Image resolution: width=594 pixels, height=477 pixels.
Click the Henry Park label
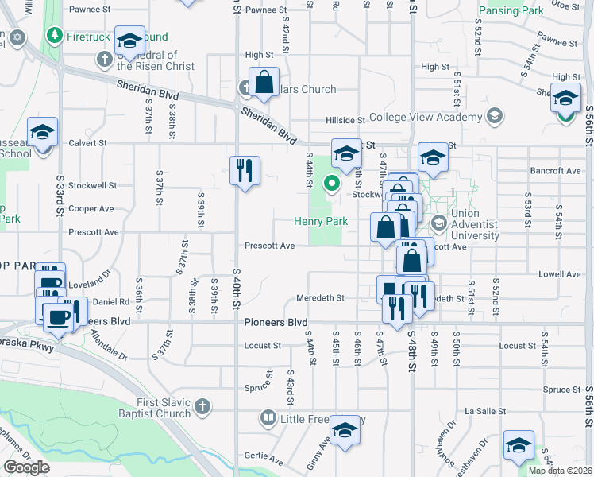(322, 221)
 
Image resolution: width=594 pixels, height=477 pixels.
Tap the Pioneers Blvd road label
(275, 322)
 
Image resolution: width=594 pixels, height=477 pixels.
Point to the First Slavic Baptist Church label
(164, 408)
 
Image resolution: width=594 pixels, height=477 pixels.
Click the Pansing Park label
(511, 11)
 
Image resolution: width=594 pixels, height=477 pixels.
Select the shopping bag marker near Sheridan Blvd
(264, 82)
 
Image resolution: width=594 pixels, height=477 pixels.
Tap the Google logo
(26, 467)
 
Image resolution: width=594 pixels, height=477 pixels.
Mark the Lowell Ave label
(559, 274)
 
